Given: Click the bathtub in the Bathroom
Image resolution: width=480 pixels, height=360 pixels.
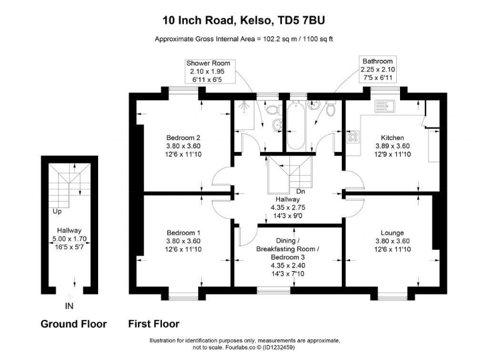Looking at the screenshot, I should (x=297, y=124).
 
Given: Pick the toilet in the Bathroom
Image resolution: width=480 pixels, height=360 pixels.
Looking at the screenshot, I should (x=331, y=110).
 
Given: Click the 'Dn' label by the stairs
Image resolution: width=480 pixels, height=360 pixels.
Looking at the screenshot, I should (x=301, y=191).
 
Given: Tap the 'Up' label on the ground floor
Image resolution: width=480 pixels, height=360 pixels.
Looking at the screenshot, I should (x=57, y=211).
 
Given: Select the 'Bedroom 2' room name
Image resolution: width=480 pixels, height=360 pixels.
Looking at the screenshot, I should (x=183, y=138).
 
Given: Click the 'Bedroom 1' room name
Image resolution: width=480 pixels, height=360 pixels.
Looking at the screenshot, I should (x=183, y=232).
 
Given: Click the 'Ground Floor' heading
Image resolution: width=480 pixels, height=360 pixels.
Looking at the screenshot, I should (x=73, y=324).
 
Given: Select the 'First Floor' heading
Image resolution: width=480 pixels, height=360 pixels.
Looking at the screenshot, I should (x=153, y=324).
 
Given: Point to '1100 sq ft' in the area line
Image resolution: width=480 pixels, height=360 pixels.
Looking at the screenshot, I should (x=316, y=39).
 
